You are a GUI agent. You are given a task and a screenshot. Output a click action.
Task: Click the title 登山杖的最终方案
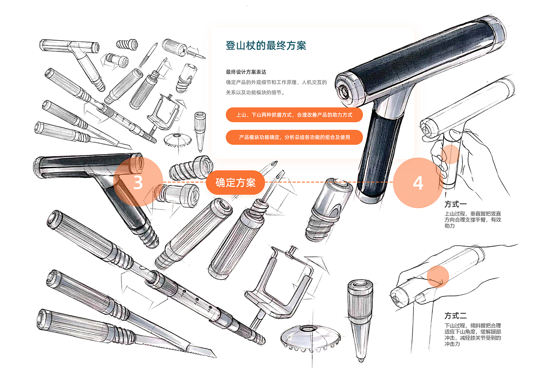pyautogui.click(x=266, y=46)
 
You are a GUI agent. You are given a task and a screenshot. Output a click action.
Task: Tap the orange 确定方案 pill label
pyautogui.click(x=235, y=183)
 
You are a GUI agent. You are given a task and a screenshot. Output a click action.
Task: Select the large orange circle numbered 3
pyautogui.click(x=138, y=182)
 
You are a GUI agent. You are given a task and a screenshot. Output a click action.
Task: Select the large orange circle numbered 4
pyautogui.click(x=418, y=183)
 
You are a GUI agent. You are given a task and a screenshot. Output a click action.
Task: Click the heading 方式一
pyautogui.click(x=456, y=204)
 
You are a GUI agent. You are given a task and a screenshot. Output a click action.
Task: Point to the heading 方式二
pyautogui.click(x=456, y=316)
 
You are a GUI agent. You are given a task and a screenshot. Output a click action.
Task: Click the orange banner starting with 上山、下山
pyautogui.click(x=294, y=115)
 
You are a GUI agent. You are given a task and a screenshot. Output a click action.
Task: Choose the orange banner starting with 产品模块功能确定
pyautogui.click(x=294, y=137)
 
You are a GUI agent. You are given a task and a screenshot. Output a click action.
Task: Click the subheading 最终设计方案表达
pyautogui.click(x=246, y=72)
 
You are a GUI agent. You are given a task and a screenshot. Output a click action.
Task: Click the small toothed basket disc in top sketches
pyautogui.click(x=177, y=140)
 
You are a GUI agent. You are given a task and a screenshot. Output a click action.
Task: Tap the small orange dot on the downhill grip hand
pyautogui.click(x=437, y=277)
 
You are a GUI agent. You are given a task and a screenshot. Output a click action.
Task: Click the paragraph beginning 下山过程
pyautogui.click(x=473, y=335)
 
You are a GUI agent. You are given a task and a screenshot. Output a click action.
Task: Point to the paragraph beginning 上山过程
pyautogui.click(x=473, y=220)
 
